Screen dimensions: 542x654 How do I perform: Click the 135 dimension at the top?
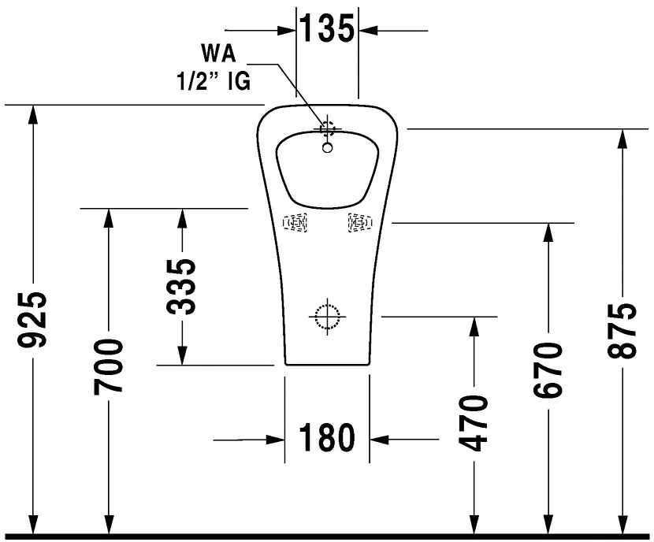click(x=327, y=29)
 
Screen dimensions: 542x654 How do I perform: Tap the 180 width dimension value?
click(x=326, y=438)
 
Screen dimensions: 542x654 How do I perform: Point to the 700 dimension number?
click(x=108, y=366)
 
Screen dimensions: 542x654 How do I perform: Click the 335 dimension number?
click(x=183, y=287)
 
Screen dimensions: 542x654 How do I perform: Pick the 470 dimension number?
click(x=474, y=423)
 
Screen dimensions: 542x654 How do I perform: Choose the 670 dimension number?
click(x=547, y=370)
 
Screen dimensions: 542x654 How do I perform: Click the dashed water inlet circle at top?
click(x=327, y=126)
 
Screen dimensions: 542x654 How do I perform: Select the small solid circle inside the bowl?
click(x=328, y=147)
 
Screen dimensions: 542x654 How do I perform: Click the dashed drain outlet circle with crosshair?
click(x=326, y=317)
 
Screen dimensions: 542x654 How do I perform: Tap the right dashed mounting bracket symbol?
click(x=359, y=224)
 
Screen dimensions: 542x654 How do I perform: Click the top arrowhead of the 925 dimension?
click(x=33, y=113)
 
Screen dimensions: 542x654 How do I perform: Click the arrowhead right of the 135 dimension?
click(x=368, y=30)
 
